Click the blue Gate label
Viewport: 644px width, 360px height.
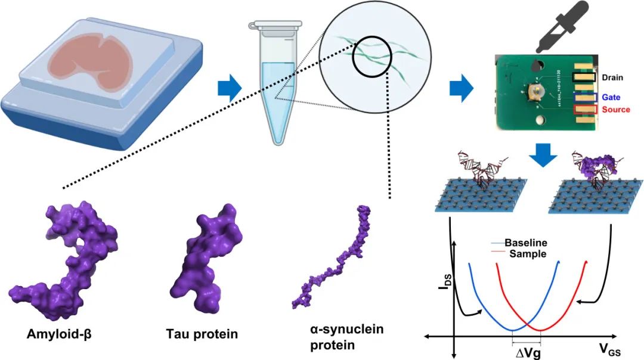click(611, 97)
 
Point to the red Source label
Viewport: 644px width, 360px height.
click(616, 110)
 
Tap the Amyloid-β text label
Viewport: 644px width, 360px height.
click(58, 334)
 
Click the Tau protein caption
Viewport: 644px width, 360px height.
click(202, 334)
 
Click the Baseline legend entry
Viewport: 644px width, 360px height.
click(525, 243)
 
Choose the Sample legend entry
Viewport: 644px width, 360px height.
click(527, 253)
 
